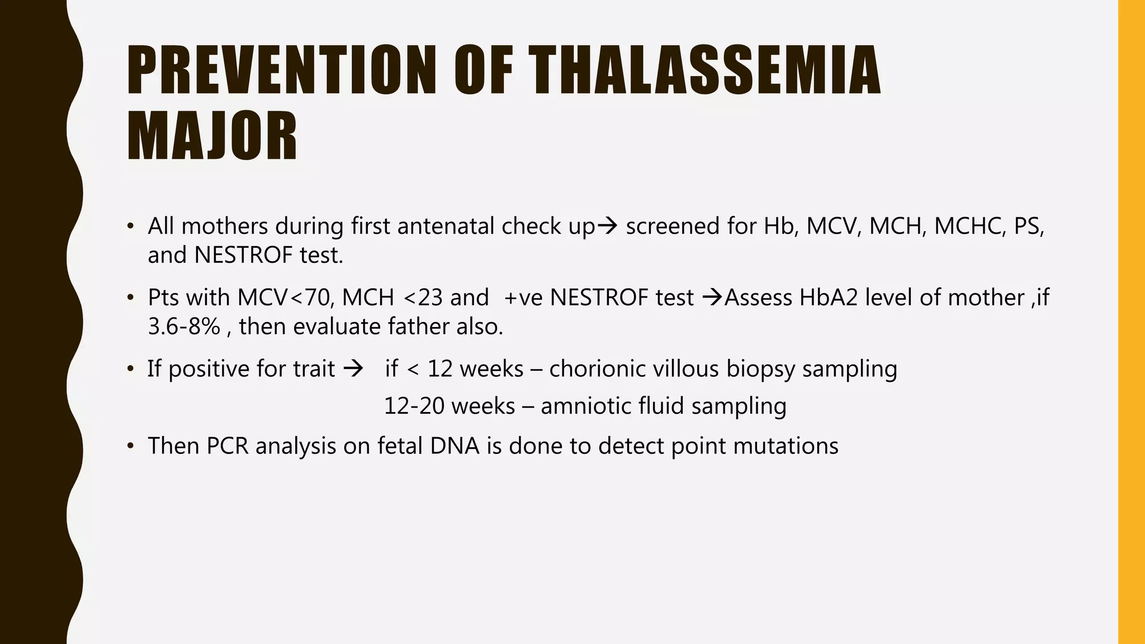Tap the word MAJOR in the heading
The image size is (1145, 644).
tap(212, 137)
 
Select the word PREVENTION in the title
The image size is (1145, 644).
tap(281, 71)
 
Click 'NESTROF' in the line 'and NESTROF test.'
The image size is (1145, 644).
tap(243, 255)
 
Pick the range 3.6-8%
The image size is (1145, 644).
tap(184, 326)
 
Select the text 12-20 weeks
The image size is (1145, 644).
tap(450, 406)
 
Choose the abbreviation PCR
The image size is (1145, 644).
tap(227, 446)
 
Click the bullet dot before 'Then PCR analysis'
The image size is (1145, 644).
tap(130, 446)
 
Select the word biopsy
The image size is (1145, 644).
tap(760, 369)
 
